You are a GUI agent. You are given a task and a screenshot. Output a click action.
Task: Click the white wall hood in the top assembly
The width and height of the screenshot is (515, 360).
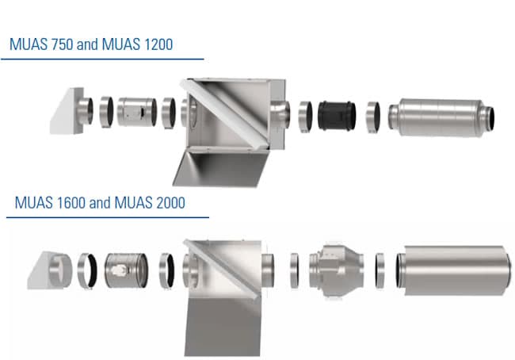pyautogui.click(x=69, y=112)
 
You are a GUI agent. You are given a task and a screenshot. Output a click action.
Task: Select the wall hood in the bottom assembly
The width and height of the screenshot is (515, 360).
pyautogui.click(x=48, y=267)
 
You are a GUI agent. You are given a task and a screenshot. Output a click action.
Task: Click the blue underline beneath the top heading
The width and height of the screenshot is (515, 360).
pyautogui.click(x=102, y=58)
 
